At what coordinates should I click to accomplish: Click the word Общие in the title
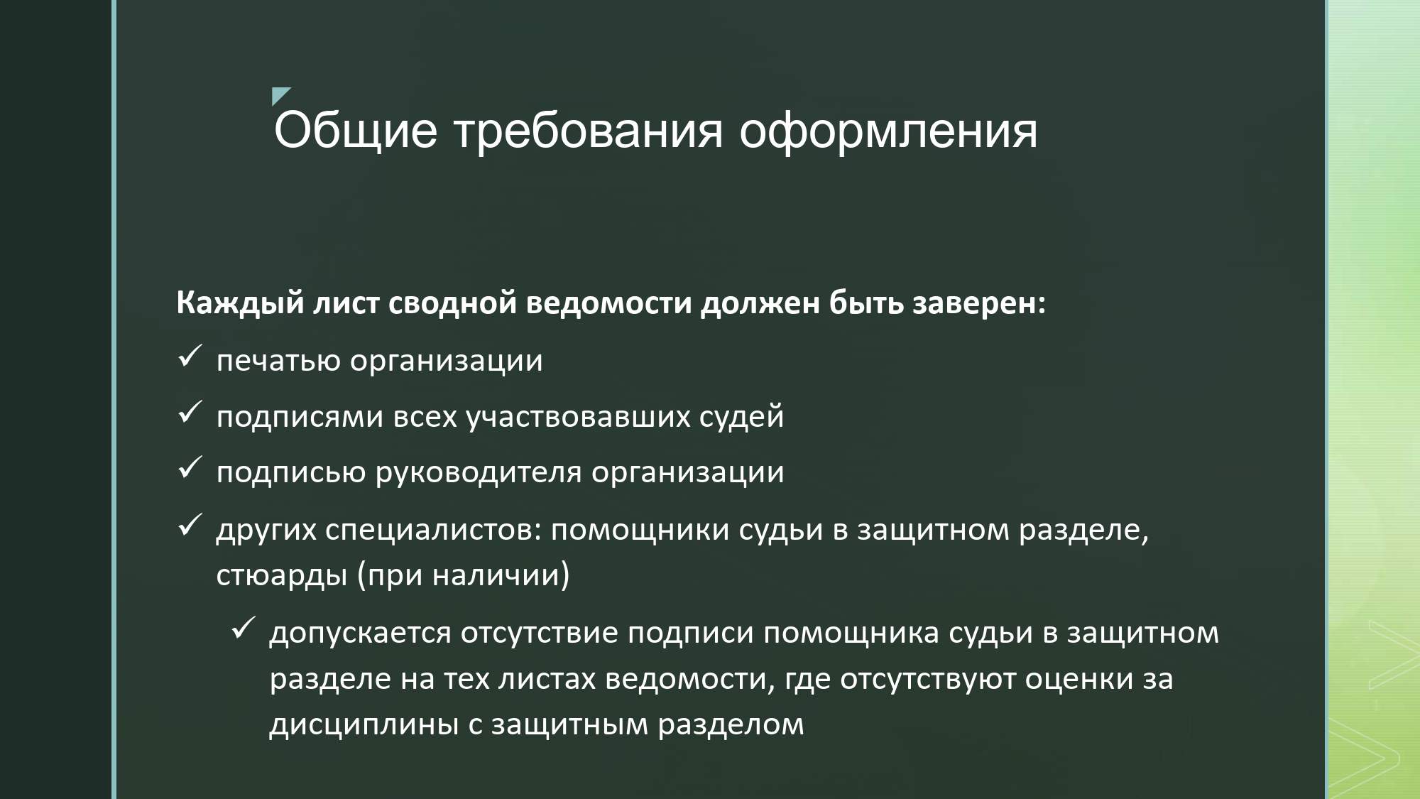[x=355, y=131]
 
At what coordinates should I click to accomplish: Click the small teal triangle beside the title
[x=280, y=96]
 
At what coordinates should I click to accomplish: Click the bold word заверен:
[x=978, y=303]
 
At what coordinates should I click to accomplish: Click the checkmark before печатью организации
[x=190, y=356]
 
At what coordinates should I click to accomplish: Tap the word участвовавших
[x=578, y=416]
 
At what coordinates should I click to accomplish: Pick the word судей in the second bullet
[x=741, y=416]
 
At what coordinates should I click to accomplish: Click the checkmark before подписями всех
[x=190, y=412]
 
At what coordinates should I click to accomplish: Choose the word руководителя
[x=479, y=473]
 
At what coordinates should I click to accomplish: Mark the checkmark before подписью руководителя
[x=190, y=467]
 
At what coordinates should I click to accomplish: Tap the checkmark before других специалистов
[x=190, y=525]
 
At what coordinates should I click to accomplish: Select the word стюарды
[x=282, y=575]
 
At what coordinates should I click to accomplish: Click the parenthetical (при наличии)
[x=463, y=575]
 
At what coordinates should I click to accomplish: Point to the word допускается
[x=360, y=633]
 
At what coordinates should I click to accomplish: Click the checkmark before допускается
[x=244, y=628]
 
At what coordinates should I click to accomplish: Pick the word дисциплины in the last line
[x=364, y=725]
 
